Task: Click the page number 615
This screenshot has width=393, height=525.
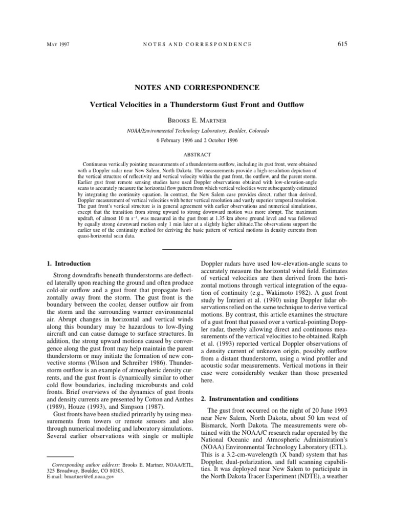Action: point(342,44)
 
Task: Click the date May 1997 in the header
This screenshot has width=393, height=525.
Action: point(57,45)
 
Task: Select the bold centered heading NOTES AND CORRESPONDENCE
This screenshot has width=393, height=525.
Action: point(196,88)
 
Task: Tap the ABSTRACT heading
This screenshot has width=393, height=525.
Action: point(196,153)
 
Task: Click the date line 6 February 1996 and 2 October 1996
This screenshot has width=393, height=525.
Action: point(196,140)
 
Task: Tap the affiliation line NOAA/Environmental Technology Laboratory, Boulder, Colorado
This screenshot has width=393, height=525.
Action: point(196,131)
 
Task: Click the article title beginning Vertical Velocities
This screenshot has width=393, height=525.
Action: point(196,105)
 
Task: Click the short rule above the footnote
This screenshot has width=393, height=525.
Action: point(57,455)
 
